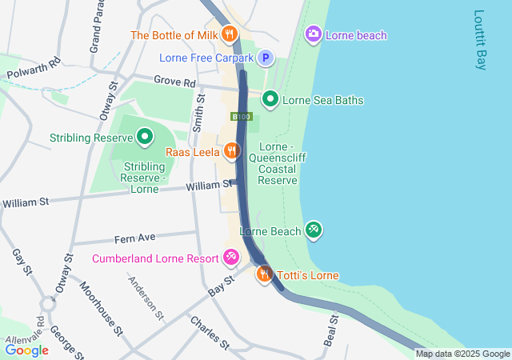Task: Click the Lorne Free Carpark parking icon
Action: tap(265, 58)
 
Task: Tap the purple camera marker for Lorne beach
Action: tap(314, 34)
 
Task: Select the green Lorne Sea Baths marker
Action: tap(270, 99)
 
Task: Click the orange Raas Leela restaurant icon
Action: tap(231, 150)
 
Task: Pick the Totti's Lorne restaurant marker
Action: tap(263, 274)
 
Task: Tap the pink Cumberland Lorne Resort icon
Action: tap(230, 257)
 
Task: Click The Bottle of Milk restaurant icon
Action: tap(230, 34)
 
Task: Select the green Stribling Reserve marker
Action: tap(145, 137)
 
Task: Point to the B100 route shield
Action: tap(241, 117)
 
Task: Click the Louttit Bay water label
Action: tap(480, 40)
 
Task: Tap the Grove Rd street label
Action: tap(174, 82)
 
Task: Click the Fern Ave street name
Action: tap(134, 238)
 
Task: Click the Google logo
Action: tap(26, 350)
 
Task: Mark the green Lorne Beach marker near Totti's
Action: tap(314, 230)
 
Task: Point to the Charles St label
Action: tap(210, 332)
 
